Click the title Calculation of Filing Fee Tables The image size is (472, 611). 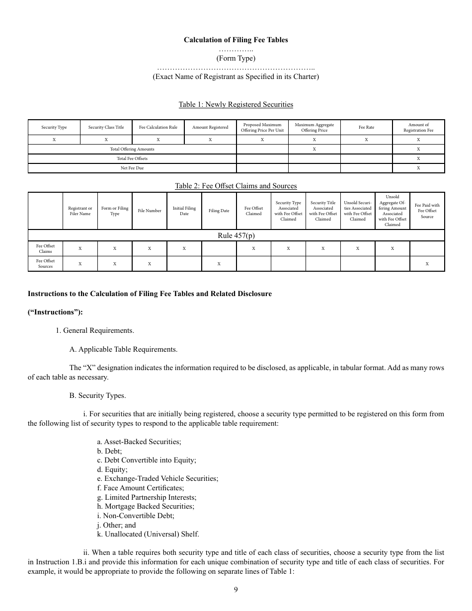236,40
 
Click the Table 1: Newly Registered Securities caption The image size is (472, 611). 236,104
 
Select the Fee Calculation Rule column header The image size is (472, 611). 158,128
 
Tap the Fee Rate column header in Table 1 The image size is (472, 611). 366,128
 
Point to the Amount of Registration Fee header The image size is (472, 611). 418,128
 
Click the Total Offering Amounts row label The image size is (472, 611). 132,149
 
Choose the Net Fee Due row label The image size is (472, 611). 132,168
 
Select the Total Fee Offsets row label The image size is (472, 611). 132,158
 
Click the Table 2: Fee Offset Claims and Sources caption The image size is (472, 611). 236,186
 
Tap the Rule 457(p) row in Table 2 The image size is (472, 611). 236,235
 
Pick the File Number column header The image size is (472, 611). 150,211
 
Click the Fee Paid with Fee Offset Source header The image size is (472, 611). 427,211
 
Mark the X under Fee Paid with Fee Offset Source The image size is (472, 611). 427,264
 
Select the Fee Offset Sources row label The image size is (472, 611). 45,264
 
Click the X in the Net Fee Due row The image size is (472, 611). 418,168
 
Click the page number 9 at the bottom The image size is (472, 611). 236,590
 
